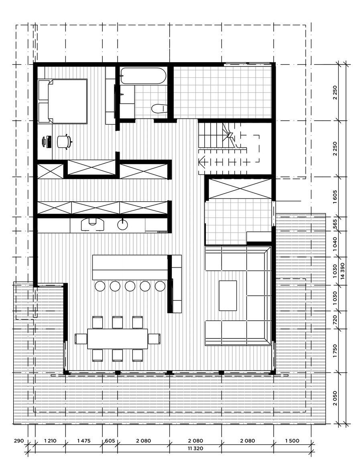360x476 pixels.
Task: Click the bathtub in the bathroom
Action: click(143, 75)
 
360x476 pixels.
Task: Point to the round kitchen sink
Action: click(122, 225)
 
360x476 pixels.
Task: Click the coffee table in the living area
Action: click(228, 296)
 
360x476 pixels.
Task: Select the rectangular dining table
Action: click(118, 338)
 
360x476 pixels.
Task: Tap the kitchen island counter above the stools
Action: click(130, 267)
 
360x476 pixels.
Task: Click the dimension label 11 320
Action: click(196, 448)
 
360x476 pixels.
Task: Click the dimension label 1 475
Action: click(84, 441)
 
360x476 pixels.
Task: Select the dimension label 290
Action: click(19, 441)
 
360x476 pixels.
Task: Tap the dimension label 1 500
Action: click(292, 441)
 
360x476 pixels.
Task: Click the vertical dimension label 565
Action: click(335, 224)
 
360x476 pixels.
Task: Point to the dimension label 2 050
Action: click(335, 398)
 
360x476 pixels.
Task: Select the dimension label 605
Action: click(110, 441)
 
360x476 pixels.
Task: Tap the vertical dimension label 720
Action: click(335, 320)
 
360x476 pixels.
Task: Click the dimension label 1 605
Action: click(335, 196)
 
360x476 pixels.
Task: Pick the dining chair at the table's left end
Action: click(81, 338)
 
